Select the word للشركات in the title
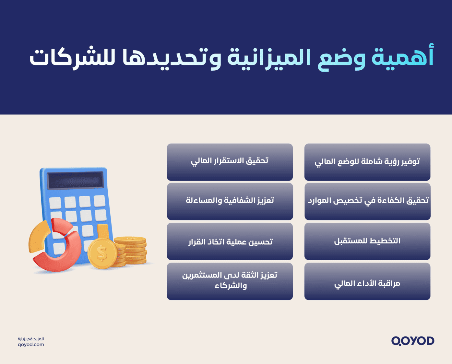72,58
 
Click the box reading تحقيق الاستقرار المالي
230,162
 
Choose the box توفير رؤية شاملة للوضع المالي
367,162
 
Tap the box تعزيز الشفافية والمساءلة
230,201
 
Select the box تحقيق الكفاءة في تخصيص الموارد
367,201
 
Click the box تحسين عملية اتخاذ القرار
230,241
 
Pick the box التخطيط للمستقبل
367,241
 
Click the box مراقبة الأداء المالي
367,281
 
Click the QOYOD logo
412,341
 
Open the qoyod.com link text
31,345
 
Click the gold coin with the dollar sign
102,253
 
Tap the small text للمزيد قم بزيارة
31,339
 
